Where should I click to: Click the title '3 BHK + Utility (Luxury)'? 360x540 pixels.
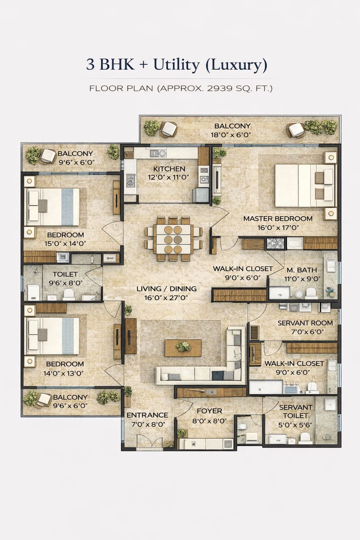coord(176,65)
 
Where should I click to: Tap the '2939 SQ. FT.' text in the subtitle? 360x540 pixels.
coord(239,88)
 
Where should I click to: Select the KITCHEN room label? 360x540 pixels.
coord(169,169)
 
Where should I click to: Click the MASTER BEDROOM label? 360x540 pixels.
coord(278,219)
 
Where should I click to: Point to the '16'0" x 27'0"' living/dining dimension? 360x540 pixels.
coord(166,298)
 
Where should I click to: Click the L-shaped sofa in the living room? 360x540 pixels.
coord(207,369)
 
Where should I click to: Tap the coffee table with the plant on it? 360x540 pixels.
coord(183,347)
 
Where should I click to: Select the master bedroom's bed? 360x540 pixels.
coord(304,186)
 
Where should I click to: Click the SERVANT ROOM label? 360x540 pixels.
coord(305,323)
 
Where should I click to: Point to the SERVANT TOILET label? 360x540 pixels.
coord(295,411)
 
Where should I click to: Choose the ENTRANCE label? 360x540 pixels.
coord(147,415)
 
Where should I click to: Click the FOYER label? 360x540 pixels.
coord(209,411)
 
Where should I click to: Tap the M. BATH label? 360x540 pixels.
coord(302,270)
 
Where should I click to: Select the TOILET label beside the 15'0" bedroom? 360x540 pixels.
coord(65,274)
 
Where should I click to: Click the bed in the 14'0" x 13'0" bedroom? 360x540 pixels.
coord(53,336)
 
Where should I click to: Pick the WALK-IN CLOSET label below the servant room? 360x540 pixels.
coord(294,363)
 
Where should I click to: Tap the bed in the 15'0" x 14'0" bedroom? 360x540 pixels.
coord(53,207)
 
